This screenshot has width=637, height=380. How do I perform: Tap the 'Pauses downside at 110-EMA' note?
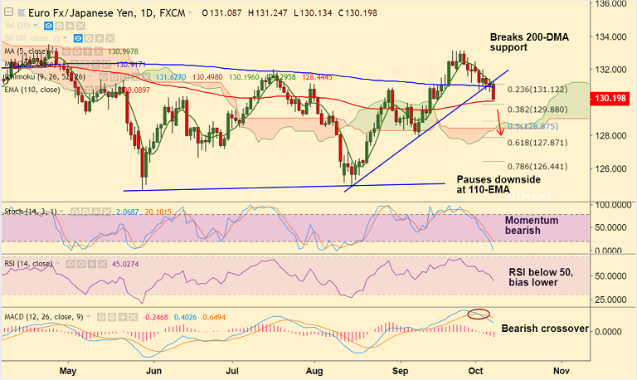pyautogui.click(x=498, y=185)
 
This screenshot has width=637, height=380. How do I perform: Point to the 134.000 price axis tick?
pyautogui.click(x=612, y=37)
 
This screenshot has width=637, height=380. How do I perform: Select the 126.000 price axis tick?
pyautogui.click(x=612, y=168)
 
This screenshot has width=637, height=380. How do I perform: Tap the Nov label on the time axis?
pyautogui.click(x=561, y=371)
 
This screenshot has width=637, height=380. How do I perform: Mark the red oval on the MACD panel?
pyautogui.click(x=479, y=314)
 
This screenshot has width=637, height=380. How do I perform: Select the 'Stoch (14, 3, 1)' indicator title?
pyautogui.click(x=31, y=212)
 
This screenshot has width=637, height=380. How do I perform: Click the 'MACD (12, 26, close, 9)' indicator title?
pyautogui.click(x=46, y=316)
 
